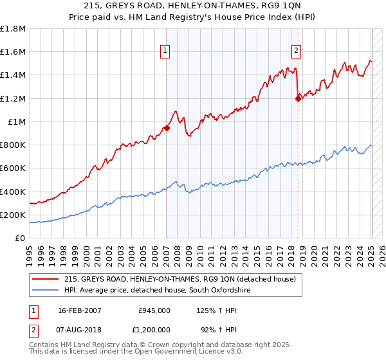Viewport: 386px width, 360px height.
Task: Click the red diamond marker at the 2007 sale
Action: [x=167, y=128]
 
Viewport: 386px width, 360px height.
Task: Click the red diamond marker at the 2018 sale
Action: [x=298, y=98]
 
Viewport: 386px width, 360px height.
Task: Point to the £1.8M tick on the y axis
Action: [x=13, y=29]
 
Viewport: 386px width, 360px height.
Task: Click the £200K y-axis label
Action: [x=13, y=215]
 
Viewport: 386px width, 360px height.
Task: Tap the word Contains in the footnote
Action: [x=44, y=346]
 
